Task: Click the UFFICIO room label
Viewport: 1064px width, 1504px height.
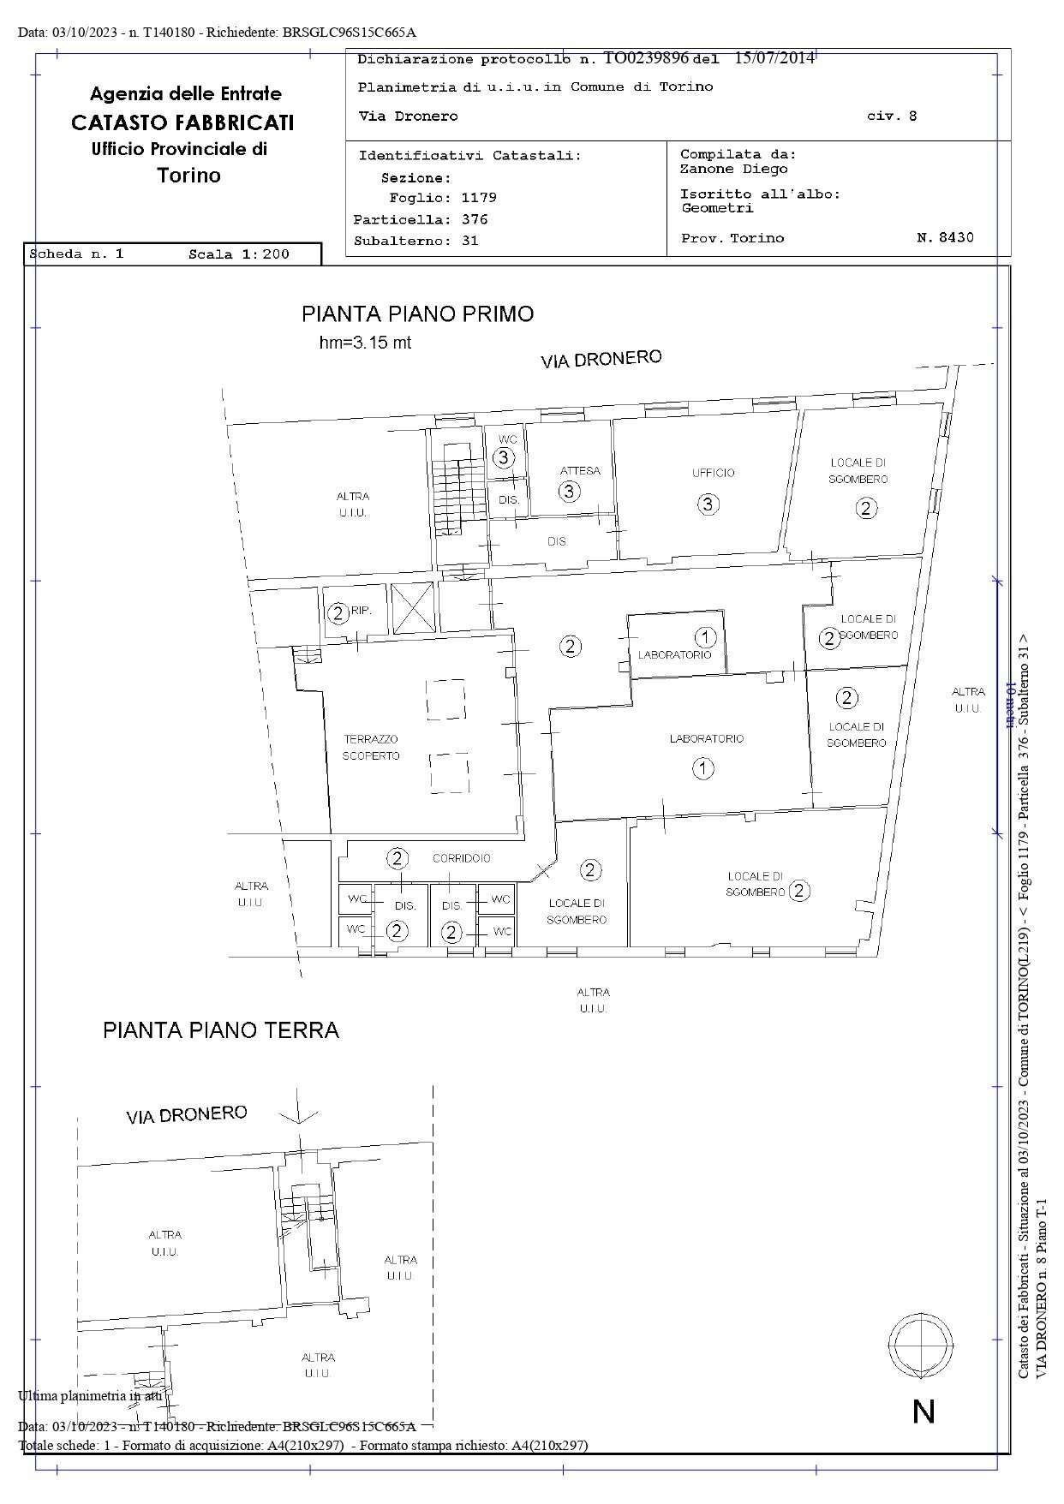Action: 714,473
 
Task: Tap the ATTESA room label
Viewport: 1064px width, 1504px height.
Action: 580,471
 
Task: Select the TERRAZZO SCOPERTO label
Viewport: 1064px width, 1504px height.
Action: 371,748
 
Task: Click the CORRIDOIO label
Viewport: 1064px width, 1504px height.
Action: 461,858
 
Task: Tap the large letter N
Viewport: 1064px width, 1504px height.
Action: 924,1411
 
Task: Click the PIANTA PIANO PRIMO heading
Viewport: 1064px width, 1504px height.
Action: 417,314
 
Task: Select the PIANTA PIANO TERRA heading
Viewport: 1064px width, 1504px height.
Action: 221,1030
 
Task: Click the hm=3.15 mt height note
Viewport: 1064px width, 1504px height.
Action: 365,343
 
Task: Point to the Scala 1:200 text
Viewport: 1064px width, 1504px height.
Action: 239,254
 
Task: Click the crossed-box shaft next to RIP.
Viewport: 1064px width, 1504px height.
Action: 413,607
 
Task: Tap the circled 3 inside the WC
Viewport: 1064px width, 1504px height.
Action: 504,458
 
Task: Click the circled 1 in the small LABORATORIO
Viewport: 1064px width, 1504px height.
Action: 705,637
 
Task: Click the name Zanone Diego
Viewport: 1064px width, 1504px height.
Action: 734,169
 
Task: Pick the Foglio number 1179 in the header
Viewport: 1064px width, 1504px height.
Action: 479,198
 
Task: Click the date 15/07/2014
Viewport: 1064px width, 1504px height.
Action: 774,58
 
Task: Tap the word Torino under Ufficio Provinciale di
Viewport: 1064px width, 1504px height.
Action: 188,176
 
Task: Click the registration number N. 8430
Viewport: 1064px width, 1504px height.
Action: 945,238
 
